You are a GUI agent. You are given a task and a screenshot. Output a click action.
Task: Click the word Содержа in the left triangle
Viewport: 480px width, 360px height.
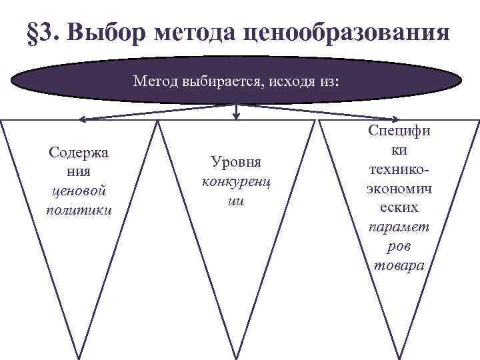[79, 152]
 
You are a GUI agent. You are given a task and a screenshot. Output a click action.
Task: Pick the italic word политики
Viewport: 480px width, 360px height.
[79, 210]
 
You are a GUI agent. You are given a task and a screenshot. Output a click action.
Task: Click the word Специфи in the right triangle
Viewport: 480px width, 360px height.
[399, 131]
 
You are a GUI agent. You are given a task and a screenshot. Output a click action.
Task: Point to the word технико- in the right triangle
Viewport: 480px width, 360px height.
[399, 170]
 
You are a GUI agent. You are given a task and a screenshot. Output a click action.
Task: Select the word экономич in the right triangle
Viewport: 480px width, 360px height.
[399, 189]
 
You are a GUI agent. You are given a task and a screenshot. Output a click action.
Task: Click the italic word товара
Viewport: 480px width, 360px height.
[399, 265]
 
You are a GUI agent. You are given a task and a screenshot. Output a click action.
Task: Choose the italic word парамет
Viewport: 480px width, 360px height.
[399, 227]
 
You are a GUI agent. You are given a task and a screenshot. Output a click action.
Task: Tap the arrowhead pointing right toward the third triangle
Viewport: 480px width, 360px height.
[398, 120]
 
